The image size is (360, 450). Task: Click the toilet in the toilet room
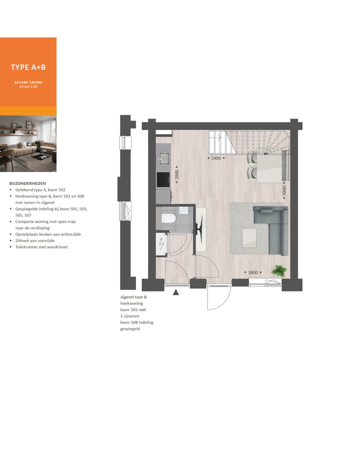168,218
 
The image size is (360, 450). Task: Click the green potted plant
278,271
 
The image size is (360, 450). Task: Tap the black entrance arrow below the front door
175,292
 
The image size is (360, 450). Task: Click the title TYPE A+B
28,67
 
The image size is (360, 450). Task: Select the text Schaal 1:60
28,86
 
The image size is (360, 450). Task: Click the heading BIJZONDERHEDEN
27,183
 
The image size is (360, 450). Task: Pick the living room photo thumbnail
28,143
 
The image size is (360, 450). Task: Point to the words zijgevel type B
133,297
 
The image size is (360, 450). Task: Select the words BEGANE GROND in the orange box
28,81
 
